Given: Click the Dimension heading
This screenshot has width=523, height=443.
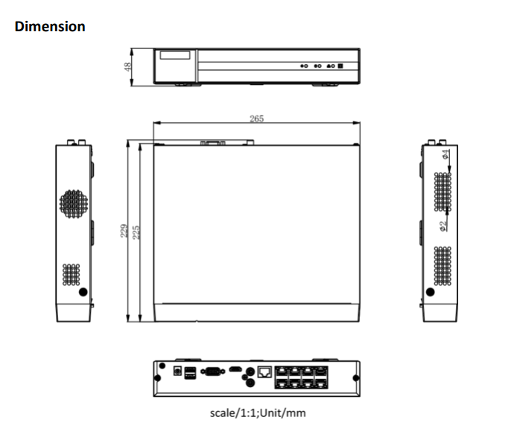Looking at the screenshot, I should tap(50, 27).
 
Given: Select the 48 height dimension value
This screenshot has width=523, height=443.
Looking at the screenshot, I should tap(128, 67).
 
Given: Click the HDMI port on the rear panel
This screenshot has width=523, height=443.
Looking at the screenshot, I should tap(235, 369).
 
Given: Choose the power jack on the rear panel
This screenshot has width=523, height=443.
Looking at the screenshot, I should tap(177, 370).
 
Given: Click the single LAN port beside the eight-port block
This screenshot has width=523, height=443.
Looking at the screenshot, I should tap(263, 370).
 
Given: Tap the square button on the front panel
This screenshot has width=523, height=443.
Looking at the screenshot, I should tap(340, 66).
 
